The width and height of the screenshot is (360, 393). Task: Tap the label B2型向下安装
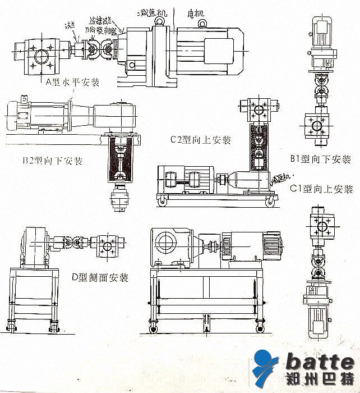[53, 161]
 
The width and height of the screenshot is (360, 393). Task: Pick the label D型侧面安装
[100, 277]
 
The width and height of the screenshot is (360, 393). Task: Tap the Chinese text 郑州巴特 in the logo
[317, 378]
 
